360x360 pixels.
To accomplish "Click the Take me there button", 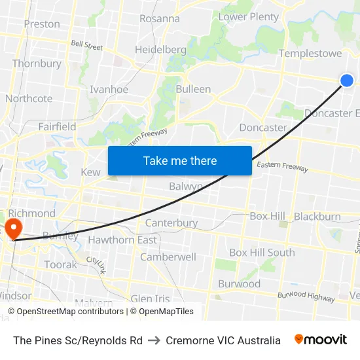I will (180, 161).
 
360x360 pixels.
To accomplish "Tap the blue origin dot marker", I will (347, 81).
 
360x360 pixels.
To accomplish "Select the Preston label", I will (42, 24).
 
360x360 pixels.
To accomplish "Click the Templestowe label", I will (310, 54).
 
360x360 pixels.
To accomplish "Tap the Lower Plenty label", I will (249, 17).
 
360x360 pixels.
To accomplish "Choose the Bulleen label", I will (193, 89).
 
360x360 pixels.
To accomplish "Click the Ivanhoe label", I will (109, 90).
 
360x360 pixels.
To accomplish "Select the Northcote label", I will (29, 99).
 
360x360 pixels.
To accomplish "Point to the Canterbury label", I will (171, 223).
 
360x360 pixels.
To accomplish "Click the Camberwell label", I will (168, 257).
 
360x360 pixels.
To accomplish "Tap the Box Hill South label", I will (262, 253).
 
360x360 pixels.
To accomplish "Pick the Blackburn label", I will (317, 217).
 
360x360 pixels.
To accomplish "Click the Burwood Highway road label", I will (307, 297).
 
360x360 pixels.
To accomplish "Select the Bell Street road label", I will (87, 46).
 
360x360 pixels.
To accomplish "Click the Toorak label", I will (60, 265).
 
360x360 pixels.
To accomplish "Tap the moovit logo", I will (321, 340).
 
